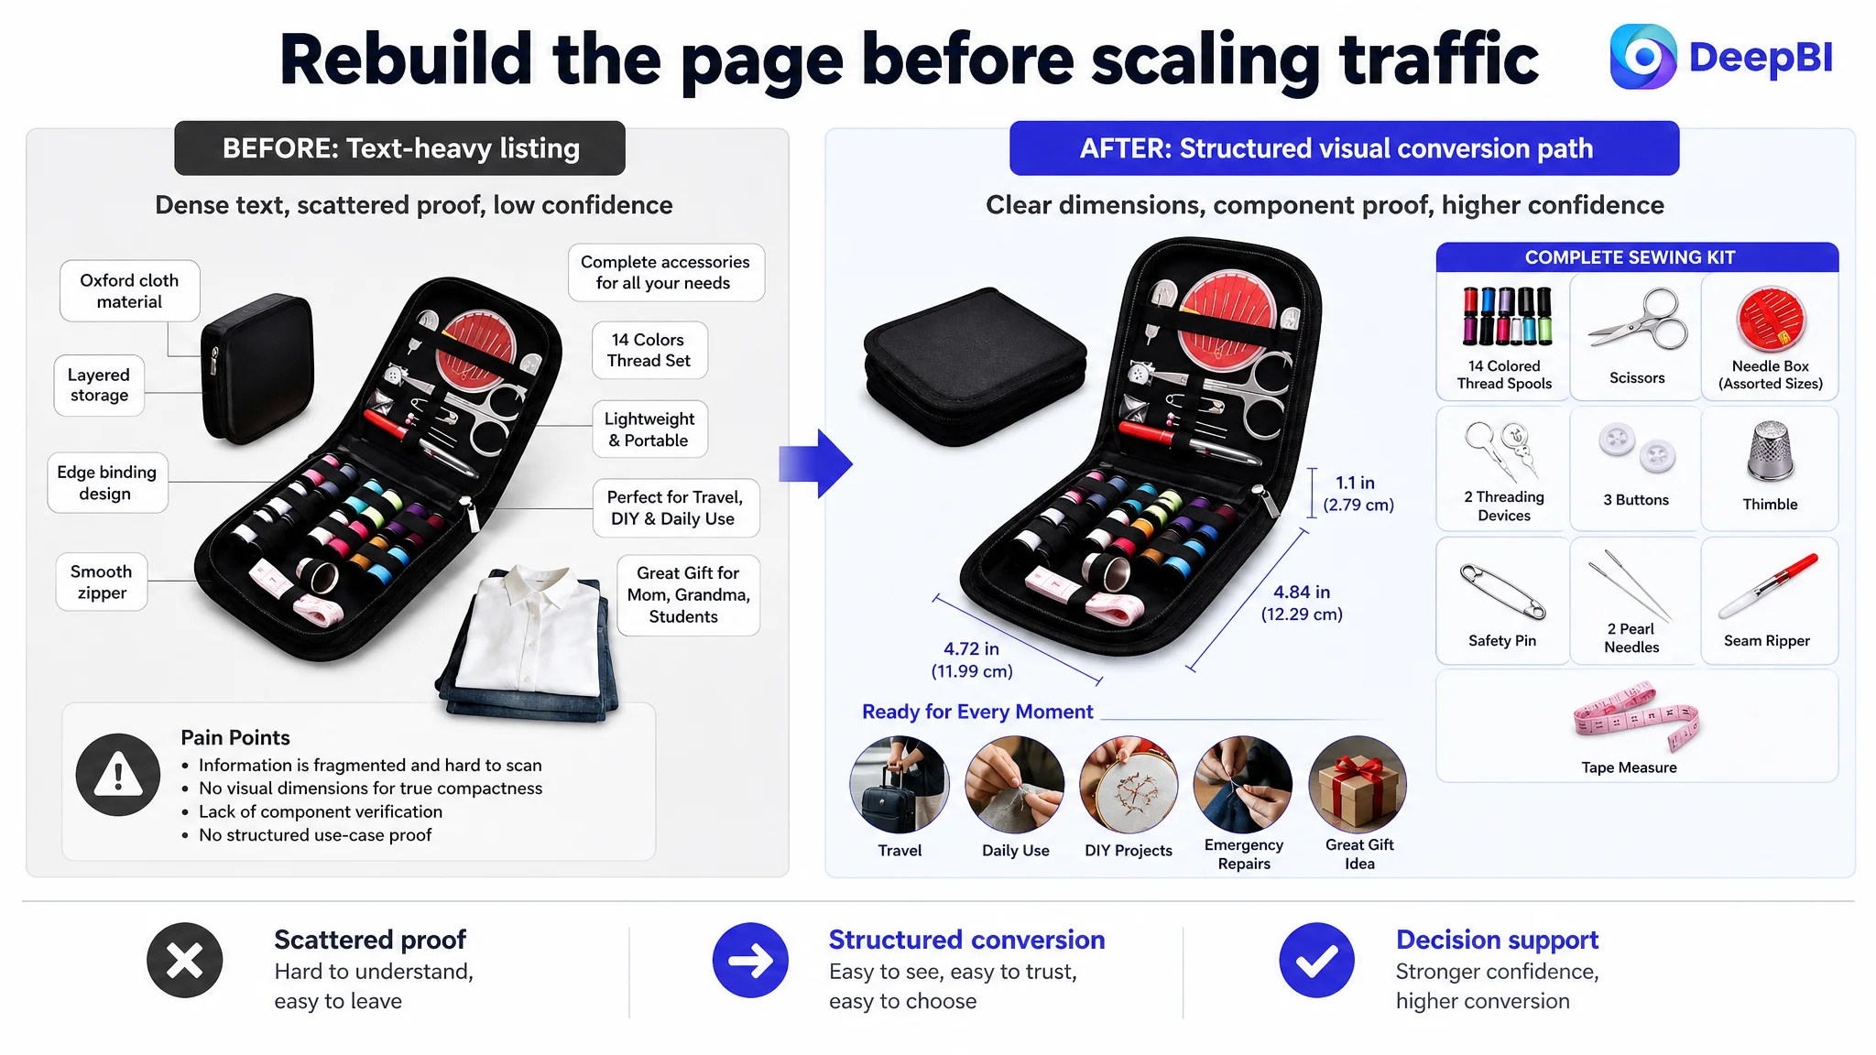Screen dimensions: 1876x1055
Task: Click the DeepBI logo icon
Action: tap(1643, 57)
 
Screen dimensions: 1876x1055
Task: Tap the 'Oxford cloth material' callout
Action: tap(129, 291)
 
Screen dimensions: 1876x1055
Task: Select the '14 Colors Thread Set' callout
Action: tap(649, 350)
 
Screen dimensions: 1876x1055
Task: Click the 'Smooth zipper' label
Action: tap(102, 582)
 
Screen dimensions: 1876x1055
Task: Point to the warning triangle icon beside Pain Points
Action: tap(118, 775)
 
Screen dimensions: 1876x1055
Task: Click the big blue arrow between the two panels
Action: tap(815, 463)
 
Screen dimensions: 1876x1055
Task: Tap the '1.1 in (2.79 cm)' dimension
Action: tap(1358, 494)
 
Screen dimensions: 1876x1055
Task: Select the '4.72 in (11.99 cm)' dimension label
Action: tap(972, 659)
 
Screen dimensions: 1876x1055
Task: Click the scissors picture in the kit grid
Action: tap(1638, 321)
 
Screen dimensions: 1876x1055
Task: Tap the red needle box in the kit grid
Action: tap(1771, 320)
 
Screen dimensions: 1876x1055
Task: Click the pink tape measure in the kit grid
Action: tap(1636, 720)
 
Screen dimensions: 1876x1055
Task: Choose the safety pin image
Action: tap(1502, 592)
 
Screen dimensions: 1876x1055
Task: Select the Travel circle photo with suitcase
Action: tap(900, 785)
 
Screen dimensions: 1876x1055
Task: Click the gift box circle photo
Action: tap(1358, 785)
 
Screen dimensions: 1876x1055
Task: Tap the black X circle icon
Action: tap(185, 961)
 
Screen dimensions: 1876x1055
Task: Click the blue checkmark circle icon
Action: tap(1316, 961)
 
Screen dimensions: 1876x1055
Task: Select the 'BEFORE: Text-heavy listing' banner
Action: tap(400, 148)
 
